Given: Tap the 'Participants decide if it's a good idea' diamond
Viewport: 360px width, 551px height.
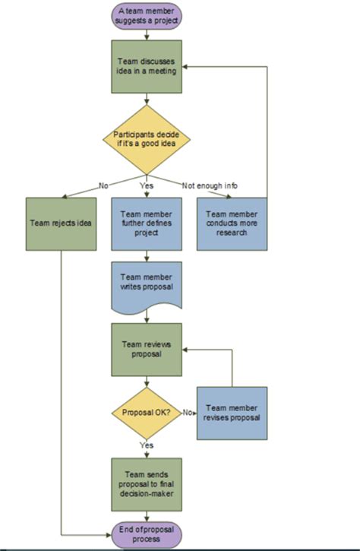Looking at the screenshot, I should pyautogui.click(x=147, y=138).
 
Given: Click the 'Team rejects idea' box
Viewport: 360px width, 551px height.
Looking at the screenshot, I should pyautogui.click(x=62, y=223).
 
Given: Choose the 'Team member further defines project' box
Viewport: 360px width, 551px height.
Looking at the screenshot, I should pyautogui.click(x=147, y=223).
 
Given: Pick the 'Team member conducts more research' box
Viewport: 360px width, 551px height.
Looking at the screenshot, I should pyautogui.click(x=232, y=223).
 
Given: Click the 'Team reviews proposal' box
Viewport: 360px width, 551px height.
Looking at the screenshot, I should pyautogui.click(x=147, y=350).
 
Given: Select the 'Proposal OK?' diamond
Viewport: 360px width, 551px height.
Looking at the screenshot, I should pyautogui.click(x=146, y=412).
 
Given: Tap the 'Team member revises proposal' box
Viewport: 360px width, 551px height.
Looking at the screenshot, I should pyautogui.click(x=232, y=412).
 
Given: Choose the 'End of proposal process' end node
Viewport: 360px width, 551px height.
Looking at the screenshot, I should pyautogui.click(x=147, y=534).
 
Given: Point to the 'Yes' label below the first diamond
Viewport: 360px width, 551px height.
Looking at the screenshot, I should pyautogui.click(x=147, y=185).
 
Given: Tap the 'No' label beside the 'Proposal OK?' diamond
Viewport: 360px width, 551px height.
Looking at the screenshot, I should pyautogui.click(x=187, y=412).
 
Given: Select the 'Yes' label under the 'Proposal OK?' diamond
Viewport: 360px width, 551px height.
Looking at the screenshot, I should pyautogui.click(x=146, y=445).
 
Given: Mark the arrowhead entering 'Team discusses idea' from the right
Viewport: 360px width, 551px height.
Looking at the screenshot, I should pyautogui.click(x=185, y=66).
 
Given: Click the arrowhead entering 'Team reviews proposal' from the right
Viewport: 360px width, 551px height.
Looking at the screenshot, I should pyautogui.click(x=185, y=350).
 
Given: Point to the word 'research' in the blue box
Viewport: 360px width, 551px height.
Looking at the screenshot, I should pyautogui.click(x=232, y=233).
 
